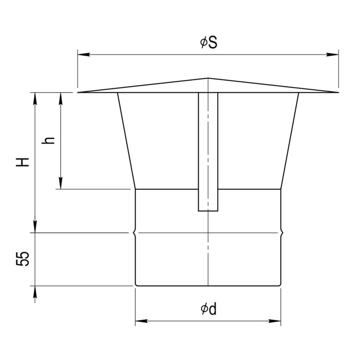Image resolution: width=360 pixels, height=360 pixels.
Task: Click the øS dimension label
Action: click(208, 43)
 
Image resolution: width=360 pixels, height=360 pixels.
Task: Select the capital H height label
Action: click(23, 162)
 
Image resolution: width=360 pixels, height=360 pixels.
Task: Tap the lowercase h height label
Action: click(48, 140)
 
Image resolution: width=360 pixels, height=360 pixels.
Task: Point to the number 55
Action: click(23, 259)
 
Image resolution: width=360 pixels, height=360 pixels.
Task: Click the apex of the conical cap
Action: click(208, 78)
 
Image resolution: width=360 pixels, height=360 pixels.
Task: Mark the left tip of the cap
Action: click(78, 92)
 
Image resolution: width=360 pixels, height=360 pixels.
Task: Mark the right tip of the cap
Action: click(338, 92)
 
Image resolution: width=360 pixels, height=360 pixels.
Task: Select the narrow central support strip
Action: click(208, 152)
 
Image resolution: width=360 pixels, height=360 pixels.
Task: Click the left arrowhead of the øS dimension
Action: click(83, 55)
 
